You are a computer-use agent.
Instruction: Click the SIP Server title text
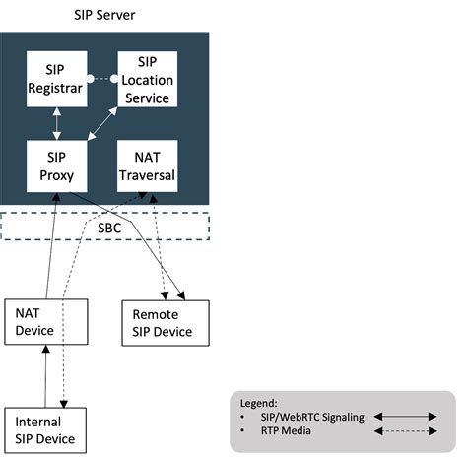105,15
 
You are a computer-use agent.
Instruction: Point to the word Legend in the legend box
259,403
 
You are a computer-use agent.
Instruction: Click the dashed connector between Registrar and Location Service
102,77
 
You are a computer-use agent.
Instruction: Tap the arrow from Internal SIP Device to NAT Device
43,376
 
